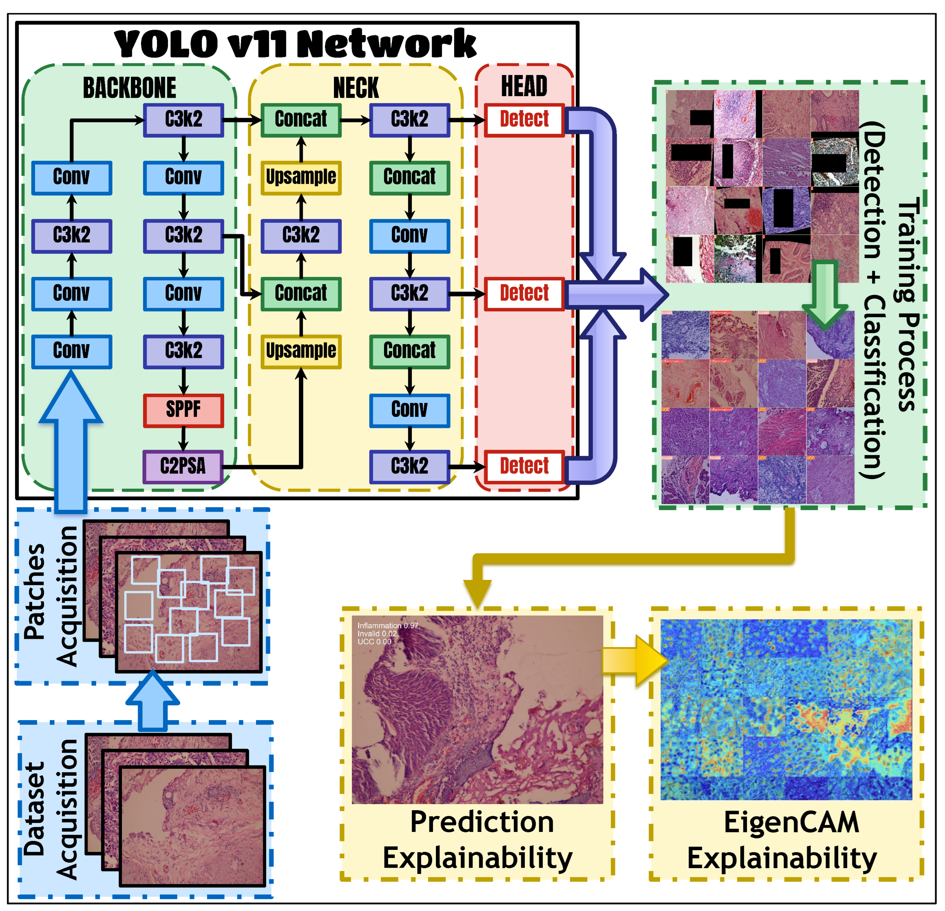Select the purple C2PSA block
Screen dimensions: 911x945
(183, 467)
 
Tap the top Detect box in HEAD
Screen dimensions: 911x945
(524, 119)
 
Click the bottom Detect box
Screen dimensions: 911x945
(524, 467)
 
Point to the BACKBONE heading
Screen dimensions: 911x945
(129, 88)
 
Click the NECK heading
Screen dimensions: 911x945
(356, 88)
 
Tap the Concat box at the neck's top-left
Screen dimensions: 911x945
(301, 119)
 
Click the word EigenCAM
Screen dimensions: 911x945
(791, 822)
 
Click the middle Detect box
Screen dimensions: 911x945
(524, 294)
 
